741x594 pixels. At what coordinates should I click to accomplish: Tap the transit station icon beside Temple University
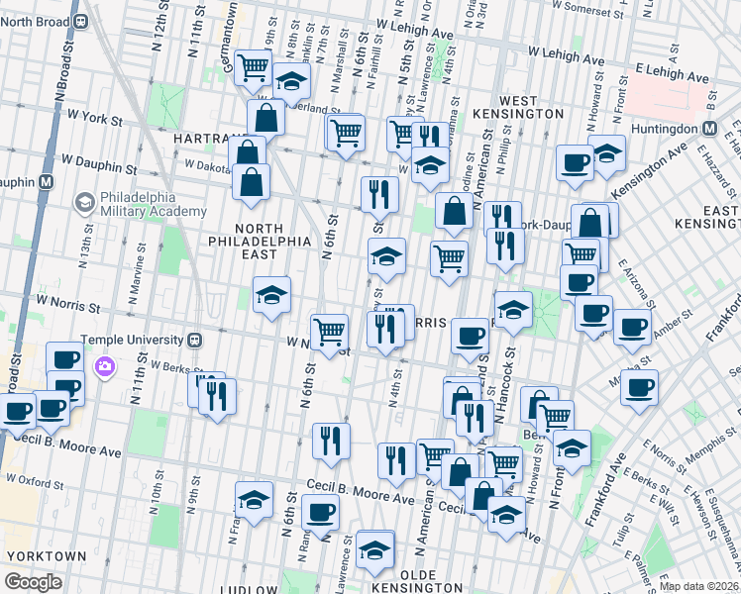point(195,339)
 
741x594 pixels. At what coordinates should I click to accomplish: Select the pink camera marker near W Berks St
point(105,368)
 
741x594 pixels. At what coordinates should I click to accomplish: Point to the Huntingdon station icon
point(710,128)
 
